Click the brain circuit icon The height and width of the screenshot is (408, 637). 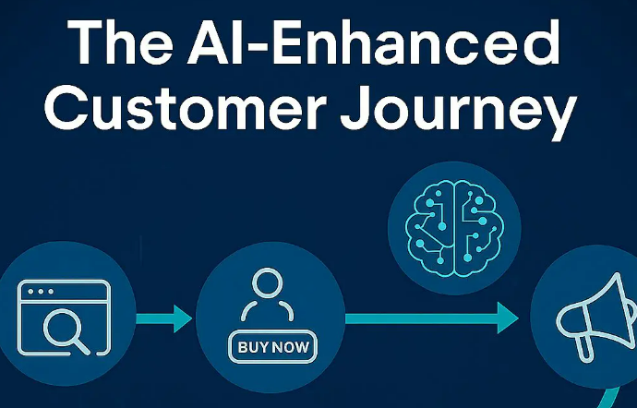click(452, 227)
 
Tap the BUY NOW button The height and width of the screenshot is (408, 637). click(272, 347)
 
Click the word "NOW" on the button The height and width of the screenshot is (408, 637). click(291, 347)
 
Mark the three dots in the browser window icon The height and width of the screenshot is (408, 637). click(40, 291)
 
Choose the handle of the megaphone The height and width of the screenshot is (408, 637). click(583, 348)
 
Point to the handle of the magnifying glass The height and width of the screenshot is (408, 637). click(82, 344)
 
